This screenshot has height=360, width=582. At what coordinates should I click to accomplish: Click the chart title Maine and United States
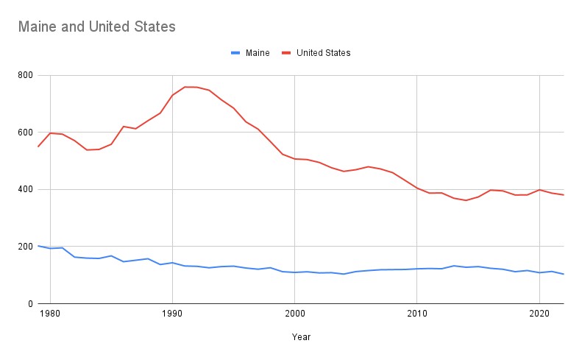(x=97, y=27)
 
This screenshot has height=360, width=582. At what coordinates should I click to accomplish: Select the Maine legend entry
(x=258, y=53)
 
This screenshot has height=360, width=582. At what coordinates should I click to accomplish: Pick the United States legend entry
(x=323, y=53)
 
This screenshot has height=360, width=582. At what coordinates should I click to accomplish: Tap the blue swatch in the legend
(x=235, y=53)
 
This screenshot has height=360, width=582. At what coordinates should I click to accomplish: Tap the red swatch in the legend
(x=286, y=53)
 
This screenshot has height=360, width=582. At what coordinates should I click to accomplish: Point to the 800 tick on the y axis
(x=24, y=75)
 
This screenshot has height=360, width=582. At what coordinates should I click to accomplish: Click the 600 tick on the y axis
(x=24, y=133)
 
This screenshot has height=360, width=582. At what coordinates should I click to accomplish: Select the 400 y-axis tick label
(x=24, y=189)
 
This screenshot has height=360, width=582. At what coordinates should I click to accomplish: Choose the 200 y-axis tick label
(x=24, y=247)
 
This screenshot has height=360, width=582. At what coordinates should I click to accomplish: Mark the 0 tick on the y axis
(x=29, y=303)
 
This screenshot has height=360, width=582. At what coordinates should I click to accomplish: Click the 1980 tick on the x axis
(x=50, y=314)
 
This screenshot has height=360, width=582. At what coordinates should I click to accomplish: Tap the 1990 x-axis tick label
(x=172, y=314)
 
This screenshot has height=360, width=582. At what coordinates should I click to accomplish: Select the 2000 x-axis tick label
(x=294, y=314)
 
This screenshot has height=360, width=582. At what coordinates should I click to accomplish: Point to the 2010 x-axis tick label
(x=417, y=314)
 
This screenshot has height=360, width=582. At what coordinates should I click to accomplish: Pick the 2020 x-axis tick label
(x=539, y=314)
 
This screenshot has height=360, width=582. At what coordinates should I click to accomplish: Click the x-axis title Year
(x=300, y=337)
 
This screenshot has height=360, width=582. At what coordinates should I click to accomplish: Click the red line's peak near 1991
(x=185, y=87)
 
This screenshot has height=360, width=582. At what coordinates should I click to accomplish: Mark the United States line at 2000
(x=294, y=158)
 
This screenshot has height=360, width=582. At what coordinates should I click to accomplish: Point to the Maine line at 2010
(x=417, y=269)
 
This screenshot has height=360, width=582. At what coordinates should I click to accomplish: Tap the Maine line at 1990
(x=172, y=262)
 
